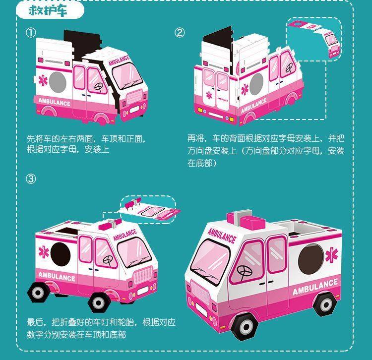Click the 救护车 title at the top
click(48, 11)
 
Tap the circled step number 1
click(31, 33)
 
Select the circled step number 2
click(180, 33)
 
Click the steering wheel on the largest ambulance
click(244, 271)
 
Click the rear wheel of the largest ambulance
click(325, 303)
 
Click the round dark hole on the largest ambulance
click(311, 259)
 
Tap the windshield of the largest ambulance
click(210, 262)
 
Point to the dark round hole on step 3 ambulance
click(61, 253)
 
